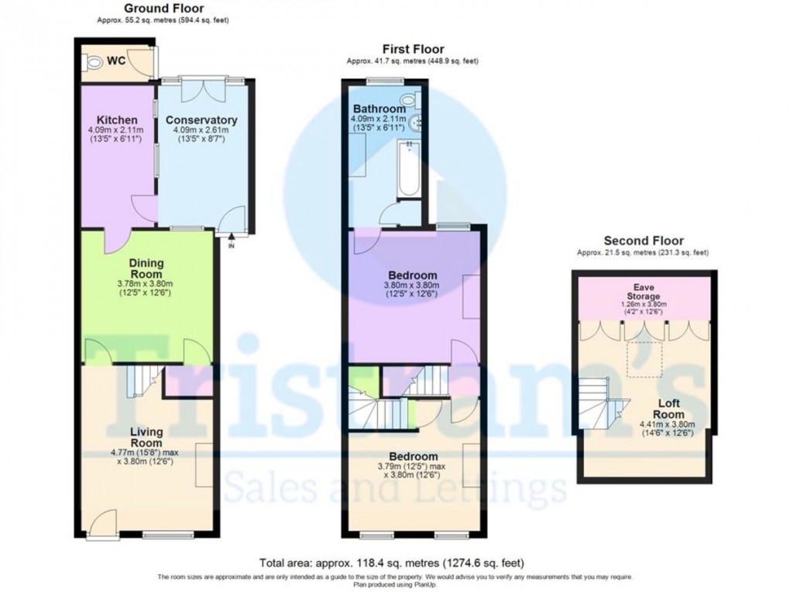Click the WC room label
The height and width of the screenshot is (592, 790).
click(116, 60)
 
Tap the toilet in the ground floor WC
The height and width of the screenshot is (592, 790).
click(93, 63)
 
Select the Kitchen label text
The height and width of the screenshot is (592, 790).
click(113, 120)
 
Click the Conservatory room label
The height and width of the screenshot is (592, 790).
click(201, 120)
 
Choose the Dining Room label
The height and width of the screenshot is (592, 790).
click(146, 269)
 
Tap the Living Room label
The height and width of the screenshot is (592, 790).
click(146, 437)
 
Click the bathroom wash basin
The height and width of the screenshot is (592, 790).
click(416, 121)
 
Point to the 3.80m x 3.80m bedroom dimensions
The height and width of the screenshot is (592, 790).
click(412, 285)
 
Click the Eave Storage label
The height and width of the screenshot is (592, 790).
click(644, 291)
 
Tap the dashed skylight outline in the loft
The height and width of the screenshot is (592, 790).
click(644, 359)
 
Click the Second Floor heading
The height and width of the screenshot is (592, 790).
click(644, 241)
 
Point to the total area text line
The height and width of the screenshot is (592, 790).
click(394, 563)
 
